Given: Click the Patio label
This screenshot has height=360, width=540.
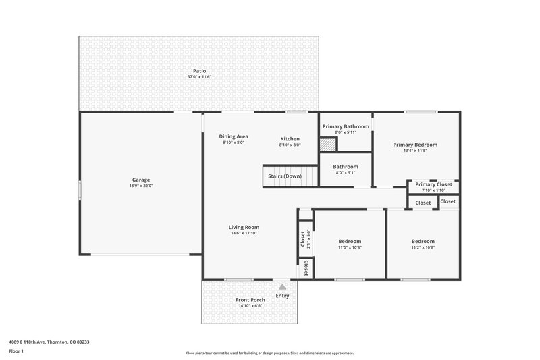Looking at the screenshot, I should pos(199,71).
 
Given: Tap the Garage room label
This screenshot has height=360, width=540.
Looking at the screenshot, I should pos(141,180).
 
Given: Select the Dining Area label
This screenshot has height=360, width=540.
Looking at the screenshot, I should pos(233,136).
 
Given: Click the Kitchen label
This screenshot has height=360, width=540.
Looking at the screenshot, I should pos(290,139).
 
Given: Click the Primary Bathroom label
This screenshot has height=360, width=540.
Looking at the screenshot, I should pos(346,126).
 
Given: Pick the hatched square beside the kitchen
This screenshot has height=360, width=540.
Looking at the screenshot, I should pos(327,145).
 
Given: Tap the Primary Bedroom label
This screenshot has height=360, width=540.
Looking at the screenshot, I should pos(415,145).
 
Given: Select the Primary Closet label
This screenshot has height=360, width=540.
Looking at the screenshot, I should pos(434,184).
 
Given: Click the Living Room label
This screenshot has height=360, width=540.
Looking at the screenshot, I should pos(244,227).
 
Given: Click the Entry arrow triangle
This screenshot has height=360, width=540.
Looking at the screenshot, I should pos(282,287).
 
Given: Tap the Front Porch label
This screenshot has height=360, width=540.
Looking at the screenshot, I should pos(250,300).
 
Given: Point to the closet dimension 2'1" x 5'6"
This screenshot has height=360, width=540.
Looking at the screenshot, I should pos(308,240).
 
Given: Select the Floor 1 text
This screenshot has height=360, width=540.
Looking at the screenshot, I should pos(16,352).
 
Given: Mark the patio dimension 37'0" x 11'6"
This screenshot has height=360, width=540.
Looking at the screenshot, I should pos(199,77).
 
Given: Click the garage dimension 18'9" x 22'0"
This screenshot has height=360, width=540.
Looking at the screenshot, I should pos(141,186).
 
